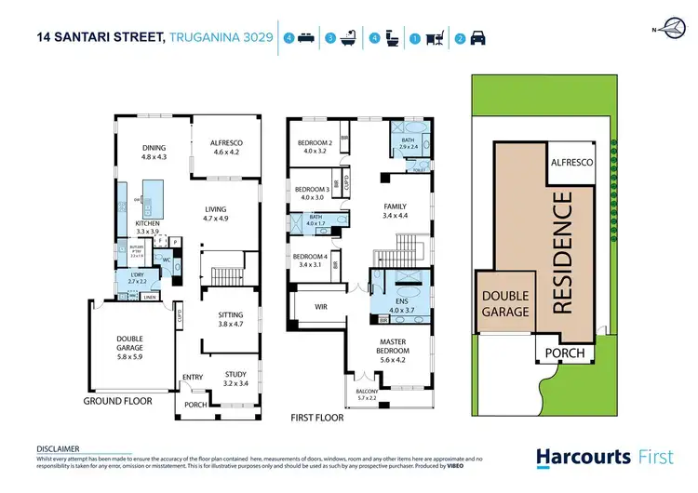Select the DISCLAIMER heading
pos(57,447)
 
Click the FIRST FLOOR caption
pos(317,418)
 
